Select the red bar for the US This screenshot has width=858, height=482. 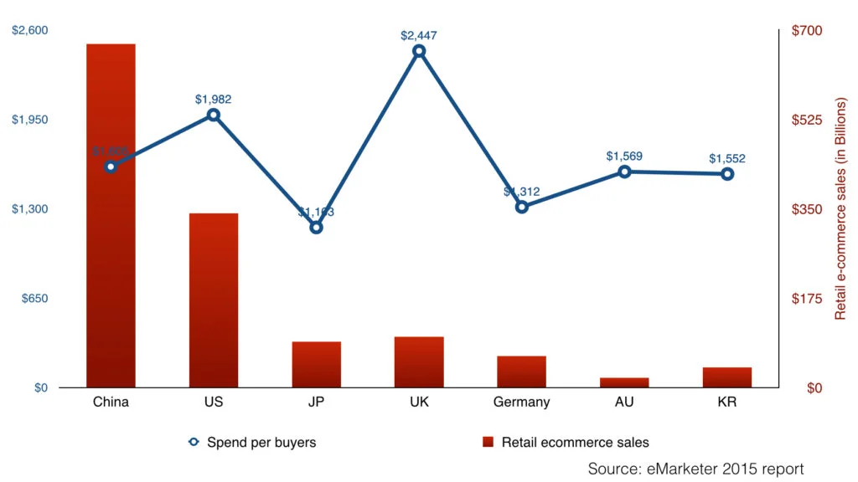(214, 300)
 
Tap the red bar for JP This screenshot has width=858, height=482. (316, 365)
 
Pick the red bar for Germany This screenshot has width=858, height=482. (521, 372)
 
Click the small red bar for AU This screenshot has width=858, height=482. (624, 382)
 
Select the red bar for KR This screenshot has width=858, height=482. (727, 377)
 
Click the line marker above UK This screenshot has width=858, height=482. (419, 52)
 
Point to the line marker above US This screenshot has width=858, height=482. (214, 115)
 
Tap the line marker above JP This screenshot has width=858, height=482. (316, 227)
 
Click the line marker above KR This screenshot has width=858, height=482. (727, 174)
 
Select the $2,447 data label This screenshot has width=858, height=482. (419, 35)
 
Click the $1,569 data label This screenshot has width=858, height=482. (624, 156)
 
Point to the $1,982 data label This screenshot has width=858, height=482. (214, 100)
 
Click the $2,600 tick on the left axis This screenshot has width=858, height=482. (30, 31)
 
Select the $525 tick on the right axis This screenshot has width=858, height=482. (807, 120)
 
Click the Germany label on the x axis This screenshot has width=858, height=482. (521, 403)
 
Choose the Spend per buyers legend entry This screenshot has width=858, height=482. (252, 442)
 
